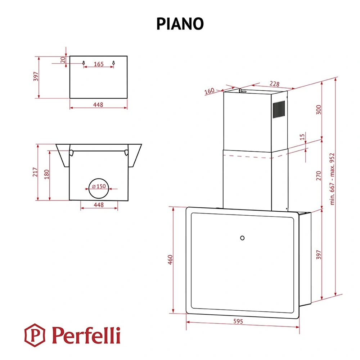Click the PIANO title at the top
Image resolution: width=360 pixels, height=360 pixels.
tap(180, 24)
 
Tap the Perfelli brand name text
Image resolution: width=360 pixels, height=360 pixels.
tap(86, 335)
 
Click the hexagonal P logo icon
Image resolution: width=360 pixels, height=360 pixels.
tap(35, 335)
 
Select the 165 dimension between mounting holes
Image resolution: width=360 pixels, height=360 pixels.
tap(99, 64)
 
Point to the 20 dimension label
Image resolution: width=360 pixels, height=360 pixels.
tap(63, 60)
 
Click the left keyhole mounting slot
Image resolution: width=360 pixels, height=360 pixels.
tap(84, 63)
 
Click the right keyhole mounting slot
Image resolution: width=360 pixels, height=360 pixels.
tap(113, 63)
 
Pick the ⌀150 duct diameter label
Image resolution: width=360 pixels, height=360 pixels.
tap(99, 186)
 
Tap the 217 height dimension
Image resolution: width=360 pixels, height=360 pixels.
tap(35, 172)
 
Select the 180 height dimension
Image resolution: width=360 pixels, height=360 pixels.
tap(46, 174)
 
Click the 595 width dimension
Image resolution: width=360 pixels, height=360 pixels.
tap(238, 321)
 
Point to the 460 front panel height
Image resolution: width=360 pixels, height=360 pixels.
tap(170, 260)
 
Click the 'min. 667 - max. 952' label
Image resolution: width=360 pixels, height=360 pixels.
tap(332, 179)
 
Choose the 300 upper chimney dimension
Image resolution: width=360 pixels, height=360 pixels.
tap(319, 109)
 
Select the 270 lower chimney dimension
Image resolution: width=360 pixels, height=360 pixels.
tap(319, 176)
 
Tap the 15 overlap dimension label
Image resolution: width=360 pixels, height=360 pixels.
tap(302, 137)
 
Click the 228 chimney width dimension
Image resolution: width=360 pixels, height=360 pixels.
tap(274, 84)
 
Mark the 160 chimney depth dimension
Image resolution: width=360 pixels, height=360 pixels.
tap(210, 91)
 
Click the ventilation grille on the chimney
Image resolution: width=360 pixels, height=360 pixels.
tap(279, 109)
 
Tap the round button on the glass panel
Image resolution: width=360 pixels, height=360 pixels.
tap(242, 238)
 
